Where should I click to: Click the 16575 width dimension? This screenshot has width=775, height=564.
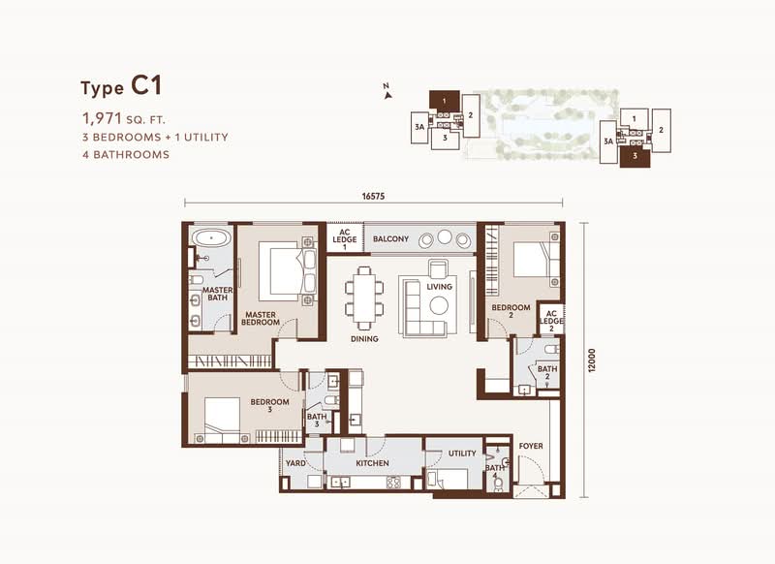click(x=373, y=197)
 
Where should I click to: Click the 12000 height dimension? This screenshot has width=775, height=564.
click(x=593, y=360)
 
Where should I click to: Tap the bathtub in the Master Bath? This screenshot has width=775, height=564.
click(x=211, y=237)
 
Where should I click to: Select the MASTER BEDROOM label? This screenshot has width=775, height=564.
click(x=261, y=318)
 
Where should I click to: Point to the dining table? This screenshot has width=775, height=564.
click(x=364, y=298)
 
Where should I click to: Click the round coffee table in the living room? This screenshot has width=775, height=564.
click(x=439, y=305)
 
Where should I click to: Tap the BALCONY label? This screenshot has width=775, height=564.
click(x=391, y=239)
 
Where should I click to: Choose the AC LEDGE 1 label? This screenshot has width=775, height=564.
click(x=345, y=239)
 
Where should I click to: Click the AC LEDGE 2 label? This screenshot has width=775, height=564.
click(x=551, y=321)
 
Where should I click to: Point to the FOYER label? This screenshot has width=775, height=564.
click(x=531, y=446)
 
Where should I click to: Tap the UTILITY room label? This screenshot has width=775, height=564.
click(x=462, y=454)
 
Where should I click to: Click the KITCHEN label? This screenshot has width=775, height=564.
click(x=372, y=463)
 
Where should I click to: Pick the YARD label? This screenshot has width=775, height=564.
click(x=295, y=463)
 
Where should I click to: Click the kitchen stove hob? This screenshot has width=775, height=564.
click(x=393, y=482)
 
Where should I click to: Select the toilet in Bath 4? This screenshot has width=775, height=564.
click(x=498, y=484)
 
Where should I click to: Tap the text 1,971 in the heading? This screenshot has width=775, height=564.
click(x=102, y=118)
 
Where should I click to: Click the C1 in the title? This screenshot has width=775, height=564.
click(x=146, y=86)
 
